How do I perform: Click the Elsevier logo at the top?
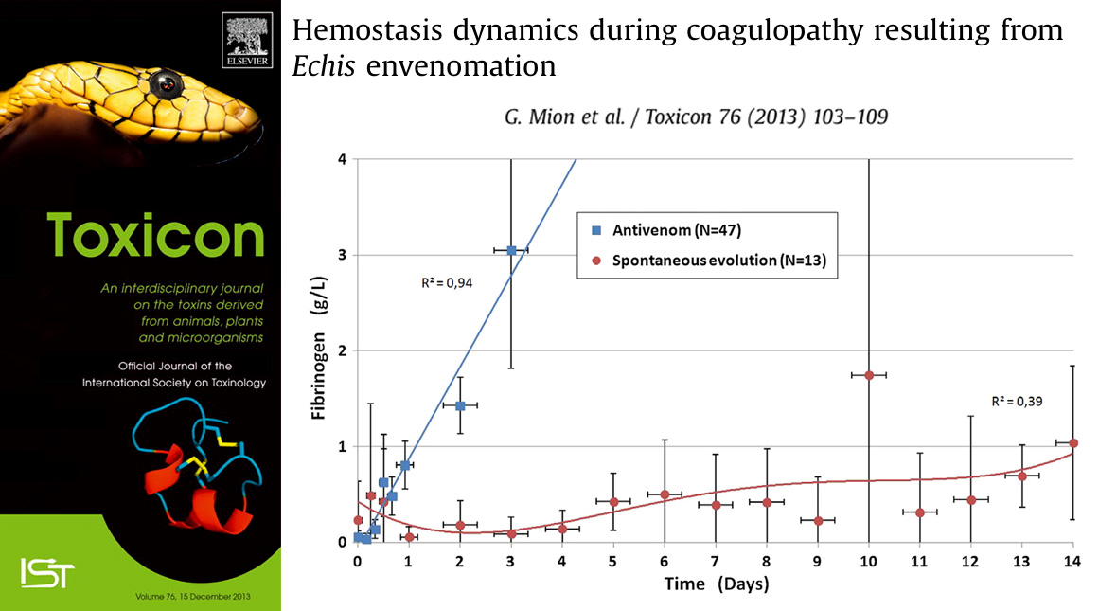point(247,43)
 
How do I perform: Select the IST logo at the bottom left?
point(46,570)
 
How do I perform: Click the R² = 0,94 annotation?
point(447,282)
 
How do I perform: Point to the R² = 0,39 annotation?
point(1016,402)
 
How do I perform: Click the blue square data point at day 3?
point(511,250)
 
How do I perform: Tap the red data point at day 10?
point(869,375)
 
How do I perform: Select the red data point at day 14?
point(1072,443)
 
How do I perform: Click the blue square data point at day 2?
point(460,405)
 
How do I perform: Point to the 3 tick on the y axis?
point(341,256)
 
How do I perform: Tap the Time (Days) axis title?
point(716,584)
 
